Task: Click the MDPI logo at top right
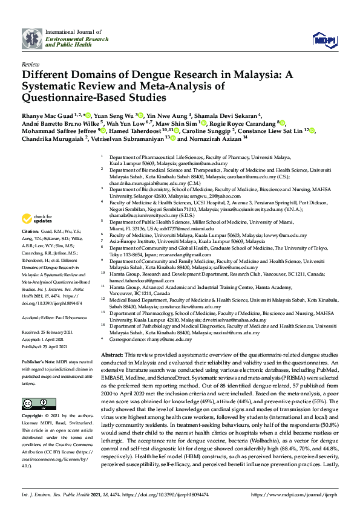tap(325, 40)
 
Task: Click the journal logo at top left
tap(32, 38)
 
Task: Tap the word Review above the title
tap(30, 63)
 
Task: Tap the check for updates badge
tap(38, 219)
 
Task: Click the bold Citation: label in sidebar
tap(30, 232)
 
